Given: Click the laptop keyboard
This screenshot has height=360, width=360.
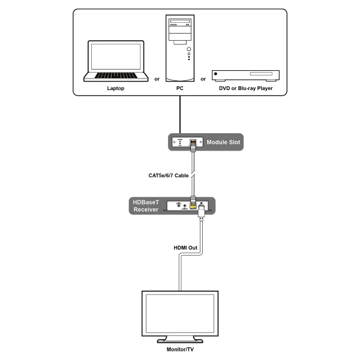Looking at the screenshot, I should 116,76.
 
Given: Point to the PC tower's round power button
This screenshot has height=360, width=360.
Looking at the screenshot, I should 189,49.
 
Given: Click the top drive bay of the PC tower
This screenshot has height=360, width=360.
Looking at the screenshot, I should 179,22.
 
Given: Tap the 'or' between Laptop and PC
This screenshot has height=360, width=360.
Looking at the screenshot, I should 157,79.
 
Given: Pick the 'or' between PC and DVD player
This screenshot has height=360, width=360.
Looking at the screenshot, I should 203,79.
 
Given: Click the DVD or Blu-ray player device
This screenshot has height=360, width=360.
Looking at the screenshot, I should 246,75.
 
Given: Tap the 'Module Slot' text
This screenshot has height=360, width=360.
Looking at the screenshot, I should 223,143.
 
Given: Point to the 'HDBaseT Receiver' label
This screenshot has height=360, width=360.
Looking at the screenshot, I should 145,206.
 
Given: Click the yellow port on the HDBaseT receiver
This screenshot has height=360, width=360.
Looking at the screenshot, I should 193,205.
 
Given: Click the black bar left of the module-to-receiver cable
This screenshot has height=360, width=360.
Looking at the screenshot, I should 166,176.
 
